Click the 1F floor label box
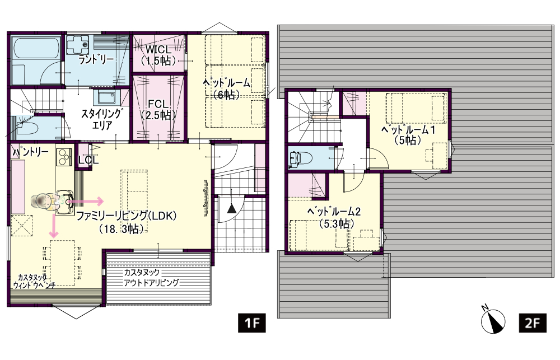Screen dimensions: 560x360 (252, 323)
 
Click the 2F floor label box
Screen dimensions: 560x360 (532, 323)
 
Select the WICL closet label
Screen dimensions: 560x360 (158, 55)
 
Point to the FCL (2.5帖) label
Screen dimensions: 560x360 (158, 110)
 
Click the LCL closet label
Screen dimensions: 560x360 (88, 160)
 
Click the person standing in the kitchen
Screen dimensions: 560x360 (45, 202)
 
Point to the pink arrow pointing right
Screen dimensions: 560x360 (85, 202)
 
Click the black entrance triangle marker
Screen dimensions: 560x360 (231, 208)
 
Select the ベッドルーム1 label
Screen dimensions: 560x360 (408, 134)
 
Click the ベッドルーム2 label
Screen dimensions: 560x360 (334, 217)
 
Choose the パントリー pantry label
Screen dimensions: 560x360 (30, 152)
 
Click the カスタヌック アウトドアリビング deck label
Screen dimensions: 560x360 (151, 278)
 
